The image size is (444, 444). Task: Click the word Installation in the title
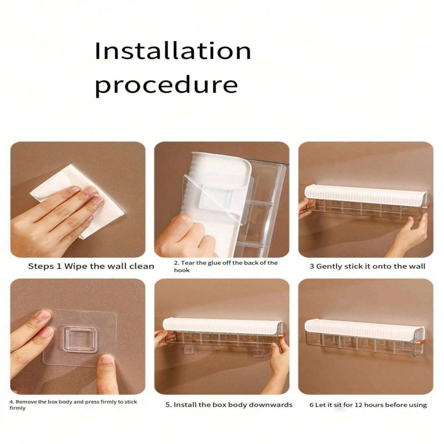(x=173, y=51)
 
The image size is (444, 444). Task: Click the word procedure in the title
(x=166, y=85)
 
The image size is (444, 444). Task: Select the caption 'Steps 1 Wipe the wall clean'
(x=91, y=266)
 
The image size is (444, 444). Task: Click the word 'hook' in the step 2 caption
(x=181, y=270)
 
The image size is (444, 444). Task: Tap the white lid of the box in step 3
(x=365, y=195)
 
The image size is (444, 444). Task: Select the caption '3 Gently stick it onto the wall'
(x=367, y=266)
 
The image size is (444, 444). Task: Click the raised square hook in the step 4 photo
(x=80, y=339)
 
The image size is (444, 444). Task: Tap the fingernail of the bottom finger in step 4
(x=107, y=359)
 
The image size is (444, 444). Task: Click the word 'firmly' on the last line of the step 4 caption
(x=18, y=408)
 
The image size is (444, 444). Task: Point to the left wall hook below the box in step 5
(x=189, y=351)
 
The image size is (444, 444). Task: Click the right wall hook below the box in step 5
(x=259, y=353)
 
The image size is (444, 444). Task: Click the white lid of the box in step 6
(x=365, y=329)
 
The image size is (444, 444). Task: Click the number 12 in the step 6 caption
(x=359, y=405)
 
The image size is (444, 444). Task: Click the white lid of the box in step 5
(x=223, y=326)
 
